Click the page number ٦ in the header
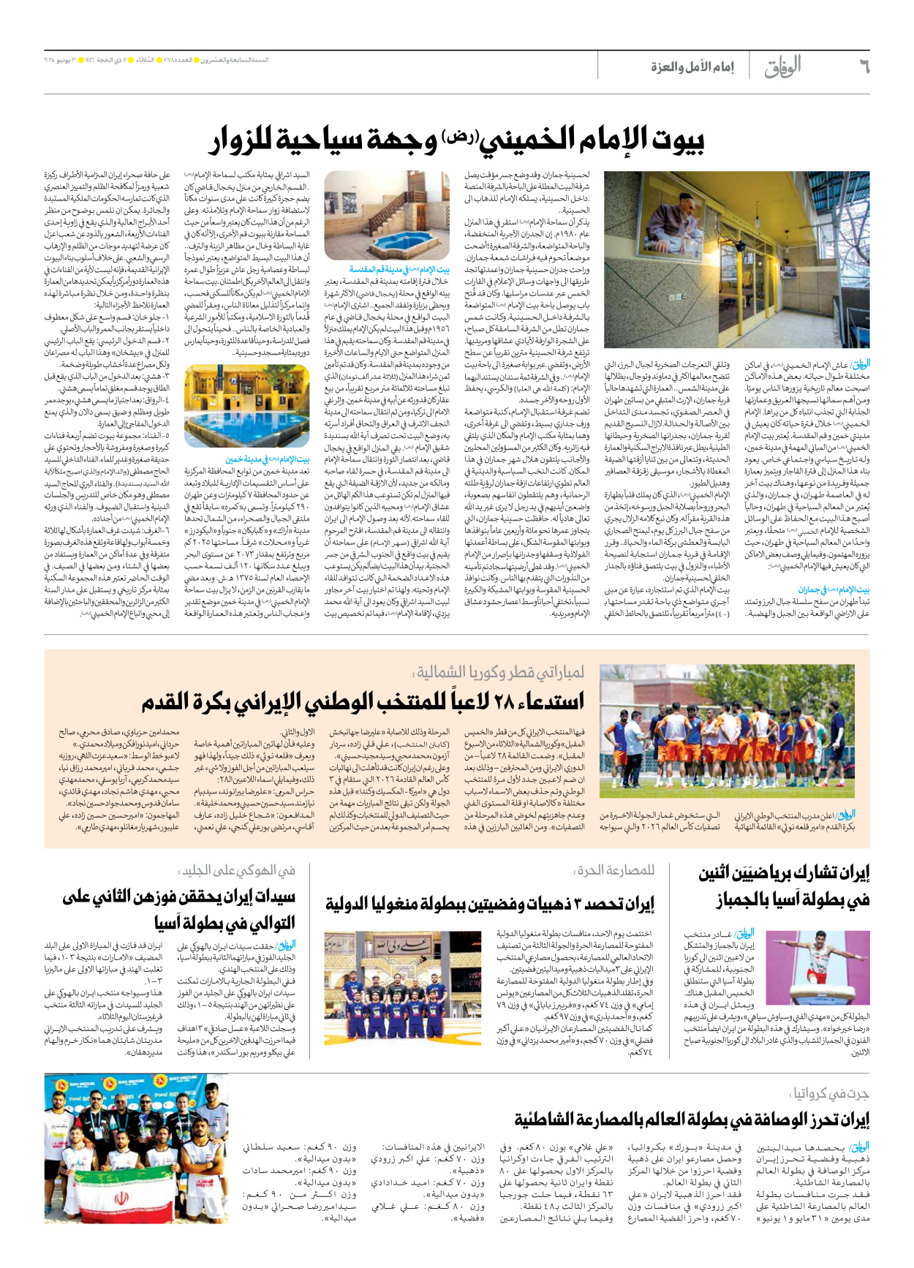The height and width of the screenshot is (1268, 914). [863, 67]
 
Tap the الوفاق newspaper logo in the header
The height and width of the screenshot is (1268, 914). [782, 67]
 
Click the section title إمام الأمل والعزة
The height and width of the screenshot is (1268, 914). [692, 68]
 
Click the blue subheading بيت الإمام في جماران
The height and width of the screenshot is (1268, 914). [843, 589]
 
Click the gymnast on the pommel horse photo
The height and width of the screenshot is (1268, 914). [817, 967]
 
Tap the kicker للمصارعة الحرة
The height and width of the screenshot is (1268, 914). [614, 870]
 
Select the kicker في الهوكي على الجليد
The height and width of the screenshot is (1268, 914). [238, 870]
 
